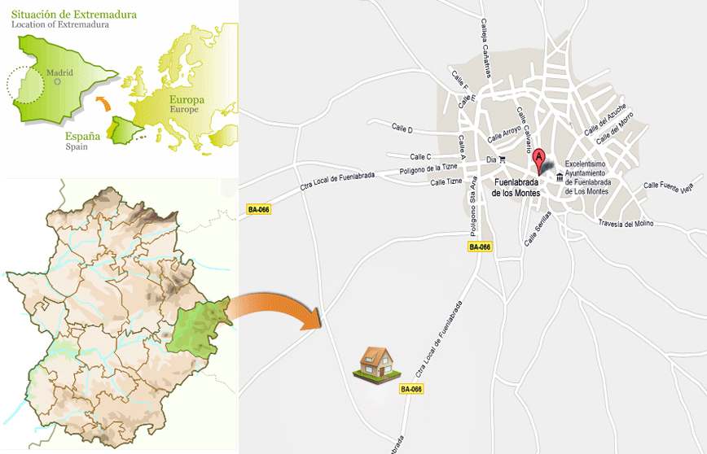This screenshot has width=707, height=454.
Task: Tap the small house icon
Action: [x=375, y=364]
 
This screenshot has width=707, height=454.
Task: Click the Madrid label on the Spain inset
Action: [x=59, y=72]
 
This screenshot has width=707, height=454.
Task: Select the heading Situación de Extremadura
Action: [x=74, y=15]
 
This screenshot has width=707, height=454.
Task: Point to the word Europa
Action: [x=187, y=100]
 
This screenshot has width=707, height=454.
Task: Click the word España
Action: [x=82, y=137]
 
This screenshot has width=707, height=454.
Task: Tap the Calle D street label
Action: [x=402, y=129]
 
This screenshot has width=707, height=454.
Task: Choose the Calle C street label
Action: [x=420, y=157]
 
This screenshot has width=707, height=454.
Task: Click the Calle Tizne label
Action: [x=446, y=182]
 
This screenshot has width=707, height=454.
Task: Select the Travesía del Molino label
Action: [x=626, y=223]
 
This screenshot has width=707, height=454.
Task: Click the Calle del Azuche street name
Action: [x=605, y=120]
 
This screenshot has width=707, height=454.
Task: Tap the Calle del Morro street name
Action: [x=615, y=129]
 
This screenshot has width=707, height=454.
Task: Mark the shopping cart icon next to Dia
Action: [x=503, y=159]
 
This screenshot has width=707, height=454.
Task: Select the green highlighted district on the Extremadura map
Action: [x=197, y=327]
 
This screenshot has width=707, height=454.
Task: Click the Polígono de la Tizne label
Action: [x=430, y=169]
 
